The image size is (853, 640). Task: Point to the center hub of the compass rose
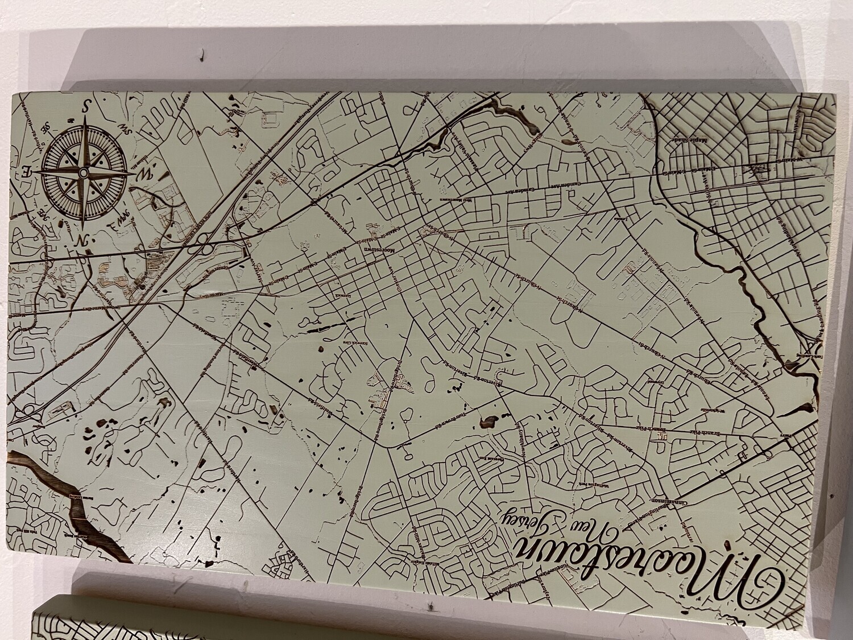[84, 172]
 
